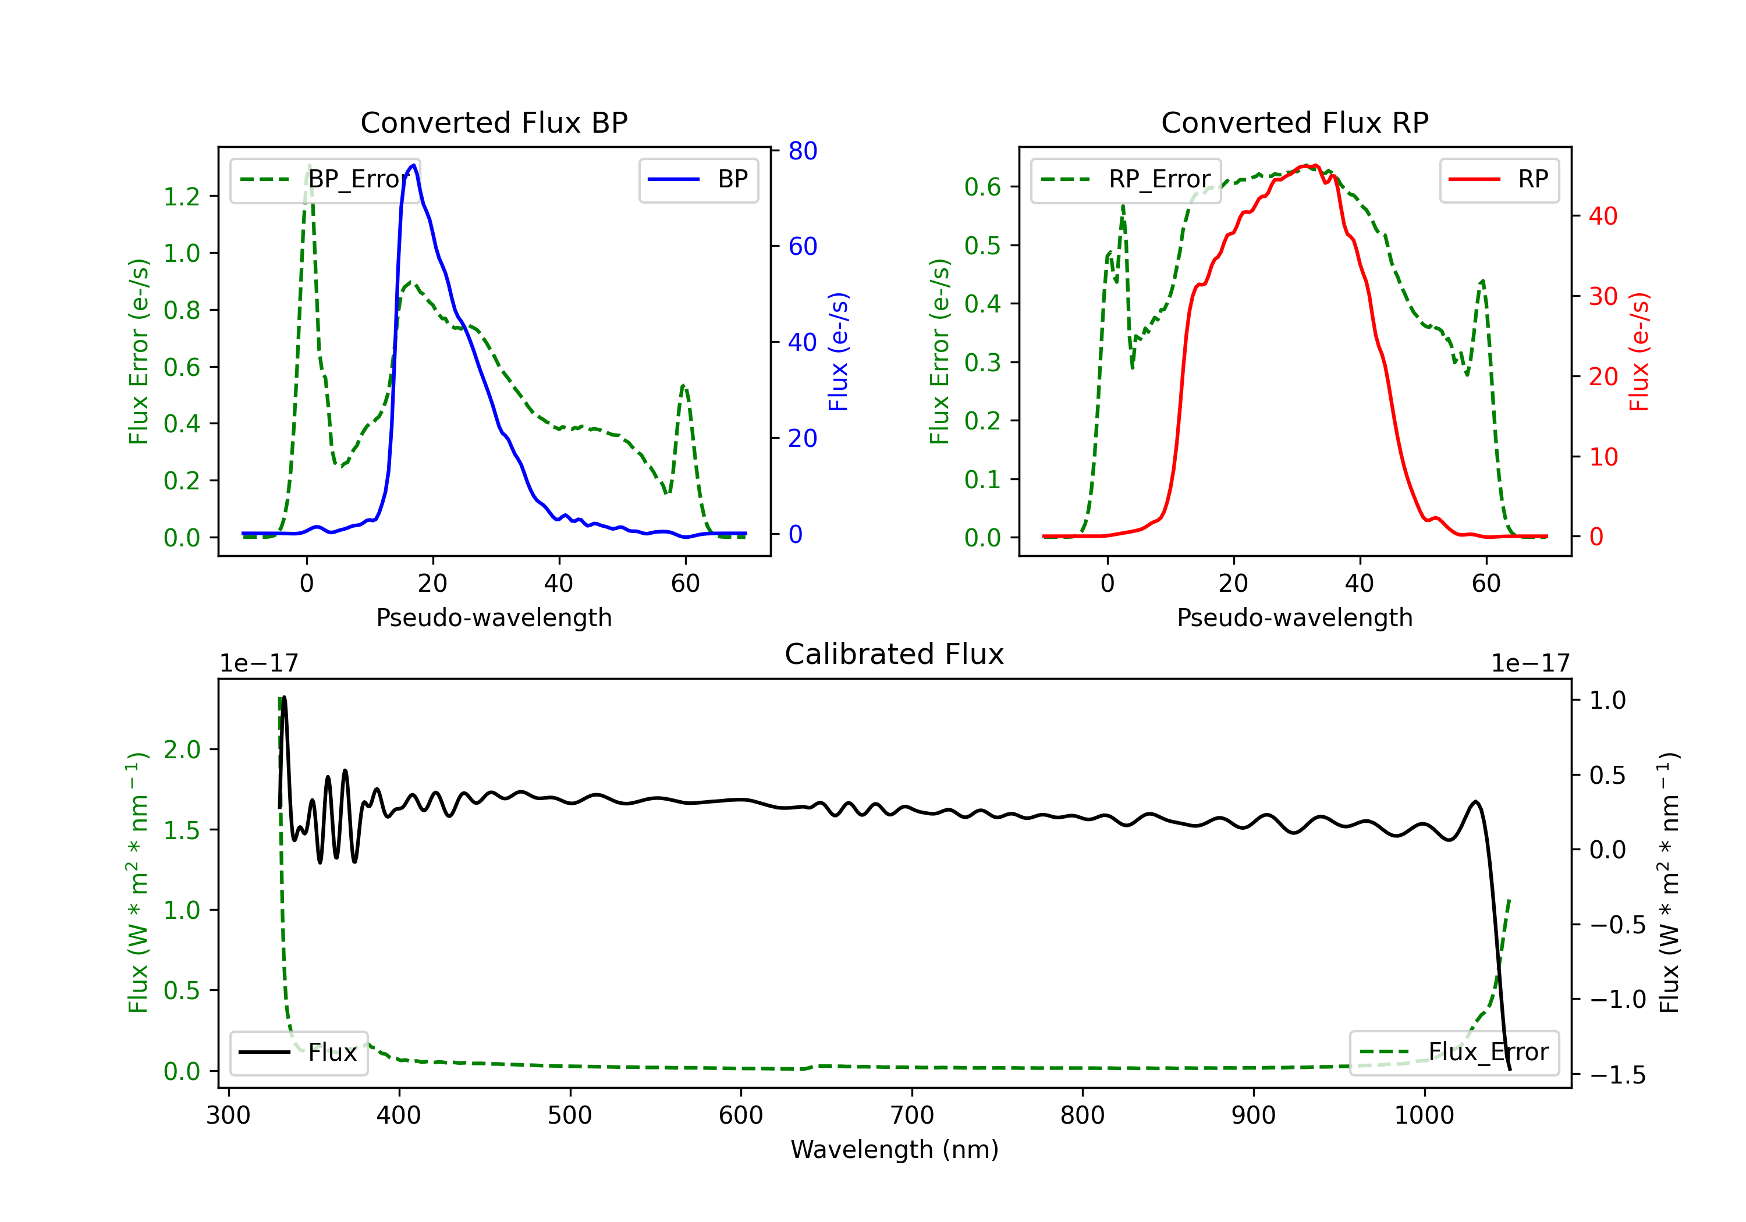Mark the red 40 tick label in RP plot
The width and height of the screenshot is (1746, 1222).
(1603, 216)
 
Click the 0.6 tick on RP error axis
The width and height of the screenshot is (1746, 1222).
(982, 187)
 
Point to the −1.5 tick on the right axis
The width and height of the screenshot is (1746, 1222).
(1617, 1074)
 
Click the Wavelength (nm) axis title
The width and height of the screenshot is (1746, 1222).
(895, 1149)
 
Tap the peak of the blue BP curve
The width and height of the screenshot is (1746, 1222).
(413, 165)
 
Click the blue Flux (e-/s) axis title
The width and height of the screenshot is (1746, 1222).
(838, 351)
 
